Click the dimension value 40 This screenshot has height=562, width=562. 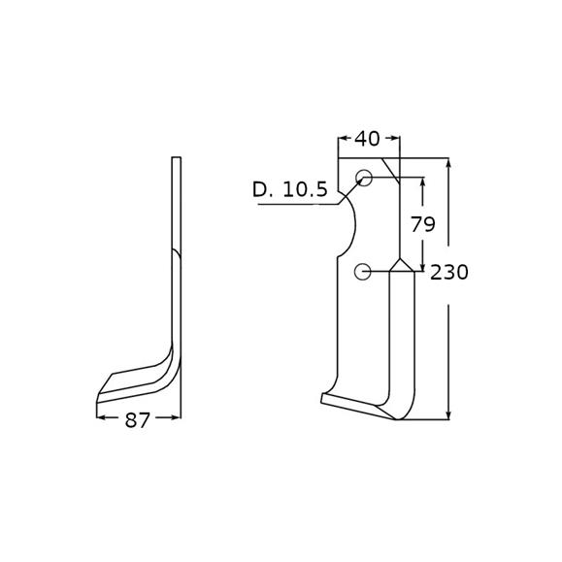point(367,139)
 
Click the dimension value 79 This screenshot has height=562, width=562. point(423,224)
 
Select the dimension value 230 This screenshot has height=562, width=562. point(449,273)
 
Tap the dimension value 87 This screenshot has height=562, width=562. point(137,420)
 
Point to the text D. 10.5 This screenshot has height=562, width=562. point(290,189)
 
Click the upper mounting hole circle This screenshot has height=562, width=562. point(364,178)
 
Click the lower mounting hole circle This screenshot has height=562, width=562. point(362,272)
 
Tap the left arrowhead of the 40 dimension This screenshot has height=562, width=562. point(343,138)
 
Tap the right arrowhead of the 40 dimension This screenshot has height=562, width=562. point(395,138)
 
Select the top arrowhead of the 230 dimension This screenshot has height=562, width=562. point(448,164)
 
